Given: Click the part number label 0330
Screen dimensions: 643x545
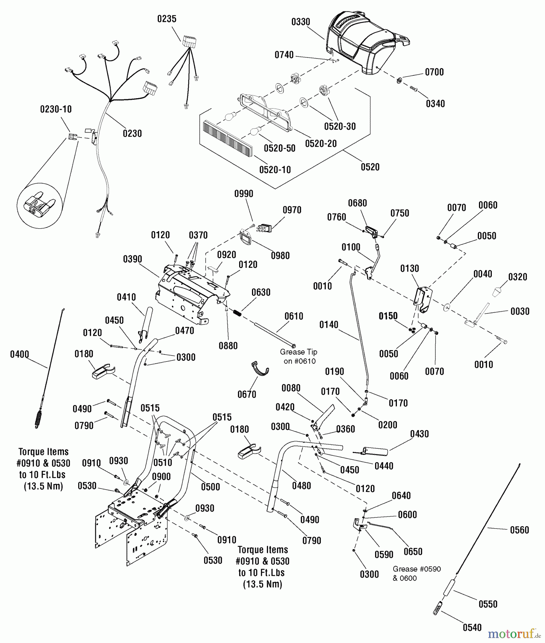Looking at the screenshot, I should [x=301, y=22].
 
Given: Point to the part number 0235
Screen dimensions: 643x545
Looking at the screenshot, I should [x=167, y=19].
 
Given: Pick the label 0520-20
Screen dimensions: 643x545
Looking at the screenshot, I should [x=321, y=144].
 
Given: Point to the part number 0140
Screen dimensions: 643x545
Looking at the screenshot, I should [x=328, y=325].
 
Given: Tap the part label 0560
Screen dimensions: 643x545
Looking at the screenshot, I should [x=519, y=530].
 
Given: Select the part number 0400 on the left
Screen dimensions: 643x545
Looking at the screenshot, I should [x=19, y=354].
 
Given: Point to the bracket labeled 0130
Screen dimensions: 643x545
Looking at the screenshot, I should [x=423, y=299].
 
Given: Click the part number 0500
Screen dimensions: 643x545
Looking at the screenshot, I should [x=210, y=487].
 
